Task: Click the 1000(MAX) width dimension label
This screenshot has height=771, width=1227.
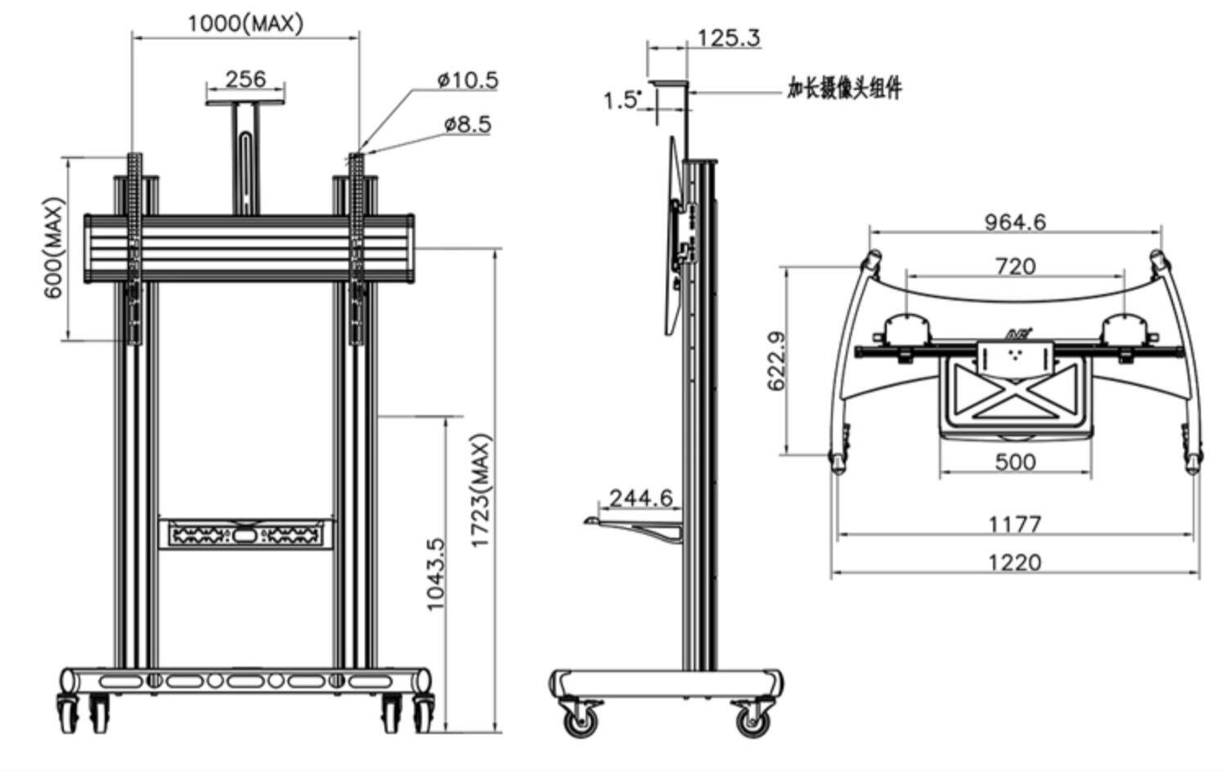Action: coord(245,22)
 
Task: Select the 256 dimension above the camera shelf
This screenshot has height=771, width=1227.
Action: coord(245,78)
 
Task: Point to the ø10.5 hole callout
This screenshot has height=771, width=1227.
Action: coord(467,79)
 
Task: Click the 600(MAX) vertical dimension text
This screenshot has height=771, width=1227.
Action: coord(54,248)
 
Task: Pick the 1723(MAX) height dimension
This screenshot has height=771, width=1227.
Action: coord(482,491)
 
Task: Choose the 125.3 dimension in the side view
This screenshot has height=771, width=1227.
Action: coord(728,38)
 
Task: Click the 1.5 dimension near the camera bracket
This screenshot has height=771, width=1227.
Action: coord(622,101)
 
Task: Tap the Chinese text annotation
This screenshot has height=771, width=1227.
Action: coord(844,87)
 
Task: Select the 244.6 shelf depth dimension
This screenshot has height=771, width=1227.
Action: coord(640,497)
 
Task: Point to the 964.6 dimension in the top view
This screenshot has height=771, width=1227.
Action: coord(1014,222)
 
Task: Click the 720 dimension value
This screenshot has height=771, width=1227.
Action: coord(1014,266)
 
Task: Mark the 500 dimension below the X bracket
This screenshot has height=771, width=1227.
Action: coord(1015,461)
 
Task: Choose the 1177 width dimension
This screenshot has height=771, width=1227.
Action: coord(1014,523)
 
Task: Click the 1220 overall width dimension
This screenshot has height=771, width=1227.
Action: coord(1014,563)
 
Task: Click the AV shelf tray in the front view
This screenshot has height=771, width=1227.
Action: coord(245,535)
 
